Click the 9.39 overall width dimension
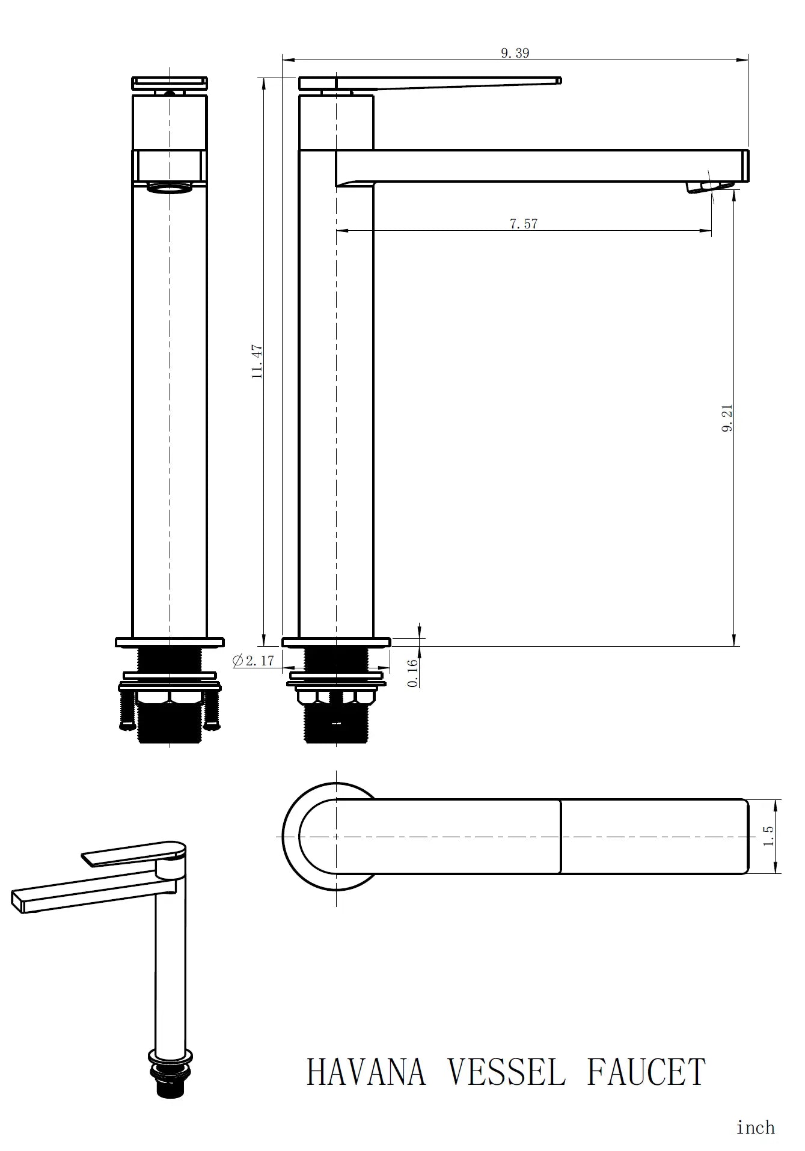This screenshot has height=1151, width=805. click(x=515, y=53)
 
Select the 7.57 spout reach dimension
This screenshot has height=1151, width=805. click(x=523, y=224)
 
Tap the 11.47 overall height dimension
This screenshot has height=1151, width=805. click(x=257, y=361)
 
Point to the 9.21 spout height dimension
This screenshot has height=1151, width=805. click(x=727, y=419)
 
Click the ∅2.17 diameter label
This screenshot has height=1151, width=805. click(x=253, y=661)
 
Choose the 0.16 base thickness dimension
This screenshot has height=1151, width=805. click(x=412, y=673)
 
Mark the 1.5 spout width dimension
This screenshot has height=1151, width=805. click(x=768, y=836)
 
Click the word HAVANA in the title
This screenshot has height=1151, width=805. click(x=366, y=1072)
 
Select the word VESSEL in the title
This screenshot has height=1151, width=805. click(x=507, y=1072)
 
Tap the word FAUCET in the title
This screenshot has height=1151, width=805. click(x=646, y=1072)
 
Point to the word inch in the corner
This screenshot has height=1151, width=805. click(x=755, y=1128)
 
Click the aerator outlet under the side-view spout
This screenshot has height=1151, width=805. click(x=709, y=187)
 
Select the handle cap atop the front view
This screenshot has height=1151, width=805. click(x=170, y=82)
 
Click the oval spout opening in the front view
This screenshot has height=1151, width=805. click(x=170, y=188)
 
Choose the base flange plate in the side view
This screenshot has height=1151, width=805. click(x=336, y=642)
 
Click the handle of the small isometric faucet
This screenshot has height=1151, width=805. click(x=132, y=853)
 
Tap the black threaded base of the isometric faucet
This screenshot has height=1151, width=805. click(x=171, y=1088)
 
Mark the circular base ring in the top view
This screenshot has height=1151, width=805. click(x=291, y=837)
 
